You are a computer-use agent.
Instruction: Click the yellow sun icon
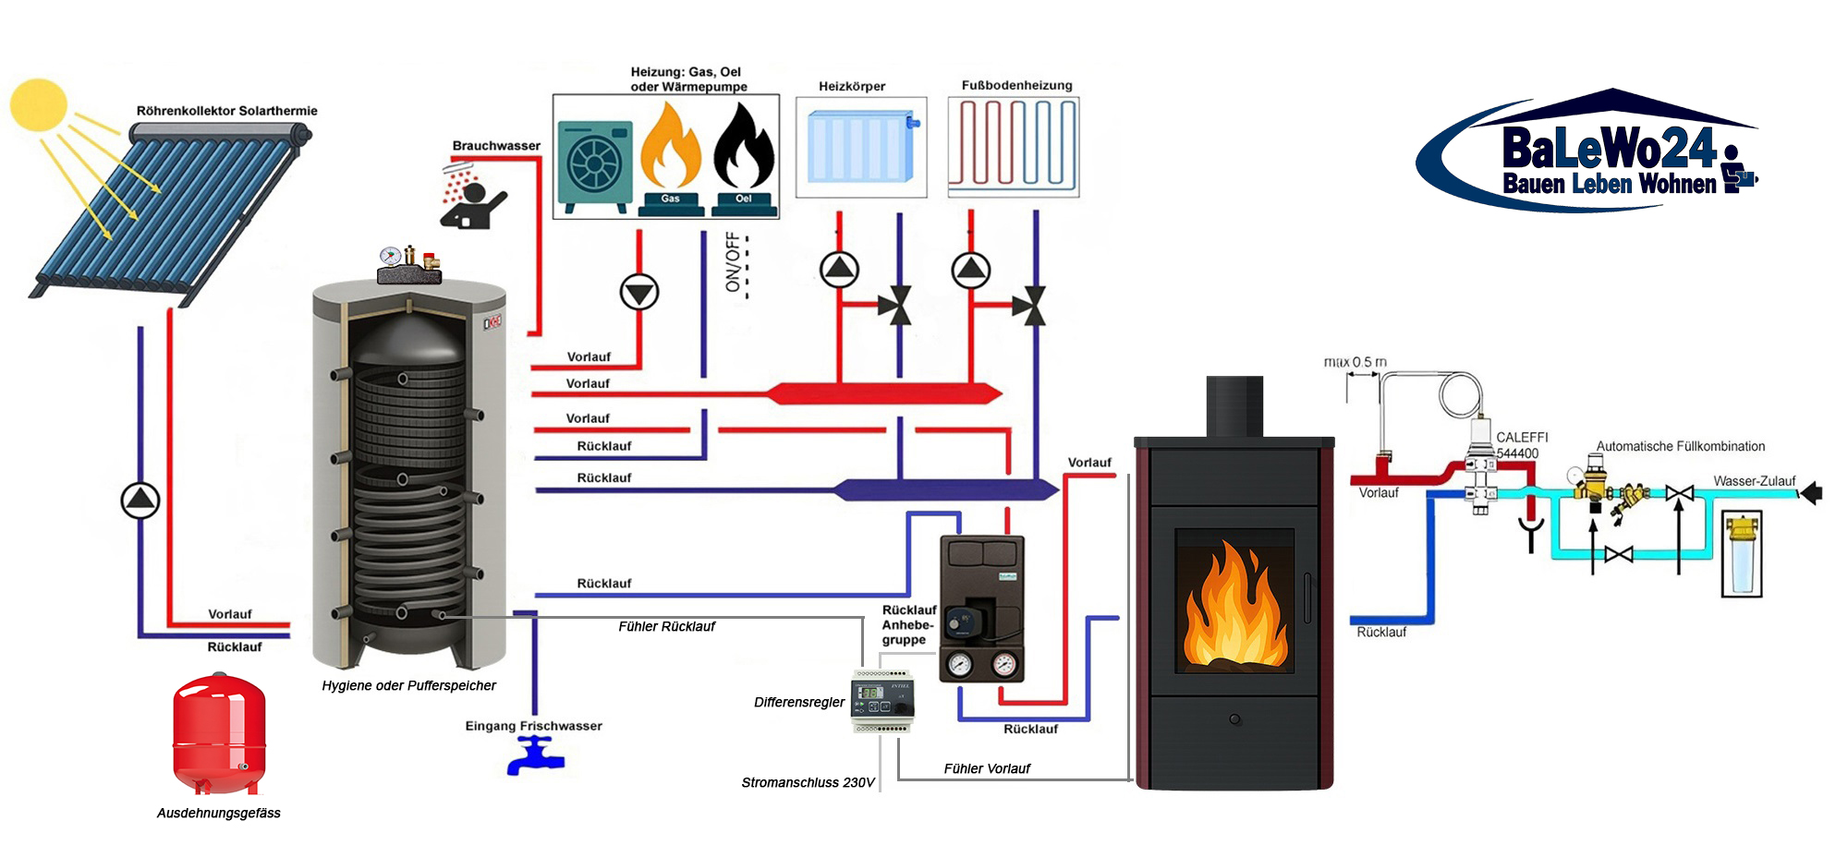(39, 103)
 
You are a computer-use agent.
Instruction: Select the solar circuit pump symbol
(140, 501)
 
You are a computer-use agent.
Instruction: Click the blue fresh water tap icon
(535, 755)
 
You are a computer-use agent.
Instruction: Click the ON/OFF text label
(734, 262)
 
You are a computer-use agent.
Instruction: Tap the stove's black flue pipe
(1234, 406)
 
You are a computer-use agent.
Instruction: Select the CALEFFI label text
(1522, 437)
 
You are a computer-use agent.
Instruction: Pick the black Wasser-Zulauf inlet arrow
(1812, 493)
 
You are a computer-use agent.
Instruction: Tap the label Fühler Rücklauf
(666, 626)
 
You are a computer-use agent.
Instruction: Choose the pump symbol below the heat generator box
(639, 292)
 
